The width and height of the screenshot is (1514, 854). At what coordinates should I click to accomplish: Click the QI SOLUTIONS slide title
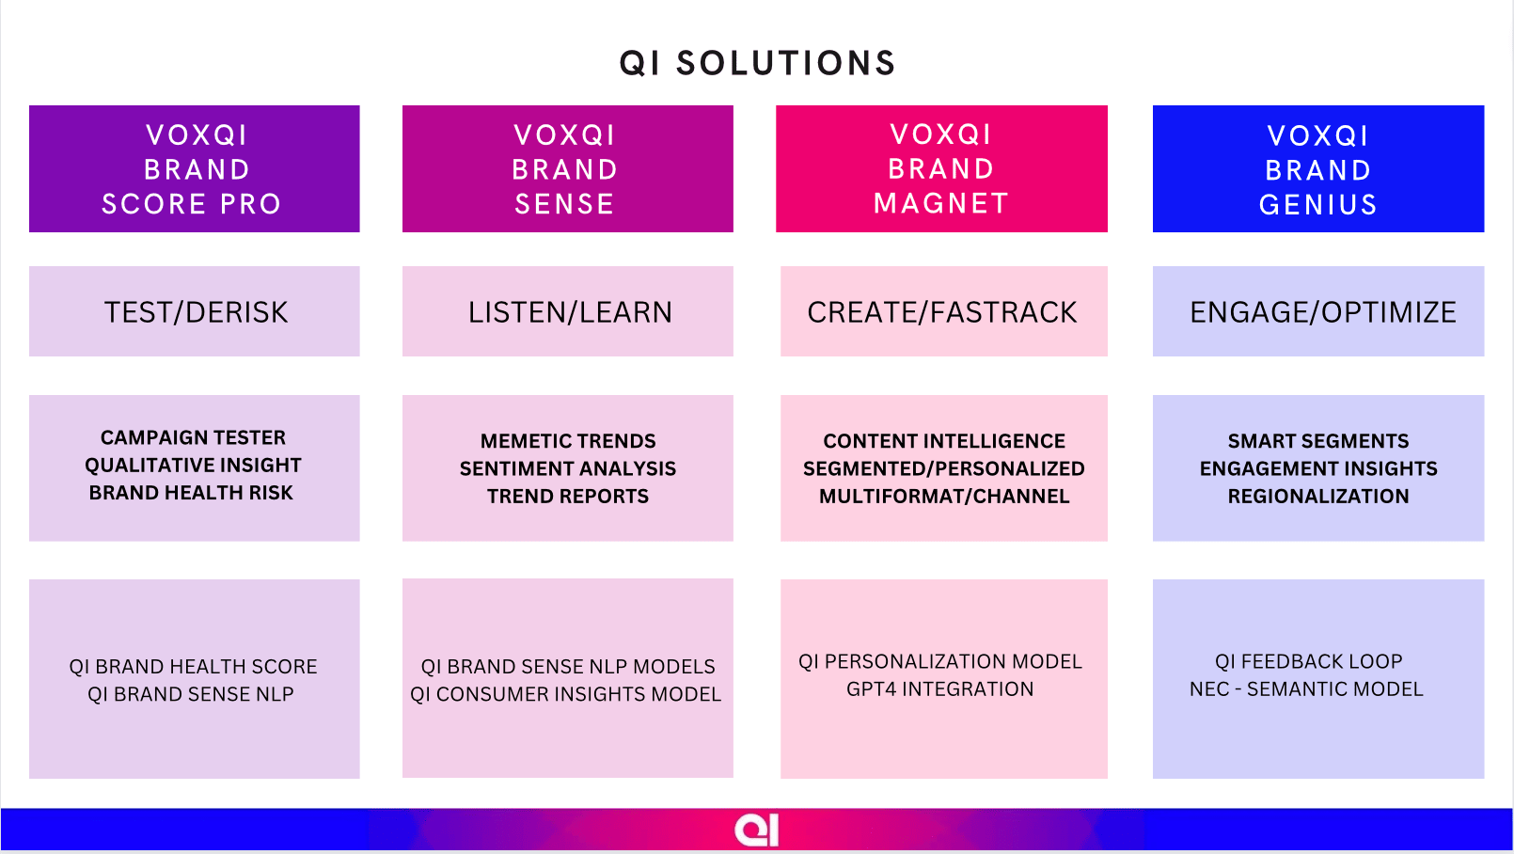[x=758, y=63]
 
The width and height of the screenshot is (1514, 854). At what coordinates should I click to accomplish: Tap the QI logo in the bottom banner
[x=757, y=830]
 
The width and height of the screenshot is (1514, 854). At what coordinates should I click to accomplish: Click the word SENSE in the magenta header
[x=565, y=204]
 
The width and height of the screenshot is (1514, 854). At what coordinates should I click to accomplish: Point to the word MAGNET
[x=941, y=203]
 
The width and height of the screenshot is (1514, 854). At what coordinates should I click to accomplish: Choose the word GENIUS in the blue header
[x=1318, y=205]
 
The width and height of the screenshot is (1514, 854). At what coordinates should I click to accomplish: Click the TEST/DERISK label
[x=196, y=312]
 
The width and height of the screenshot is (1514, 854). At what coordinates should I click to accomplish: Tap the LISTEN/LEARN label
[x=571, y=312]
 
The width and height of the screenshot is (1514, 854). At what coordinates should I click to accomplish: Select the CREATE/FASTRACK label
[x=942, y=312]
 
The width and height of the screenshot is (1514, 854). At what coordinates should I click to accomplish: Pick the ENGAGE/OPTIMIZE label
[x=1323, y=312]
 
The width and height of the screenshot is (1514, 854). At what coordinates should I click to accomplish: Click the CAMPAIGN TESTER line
[x=194, y=437]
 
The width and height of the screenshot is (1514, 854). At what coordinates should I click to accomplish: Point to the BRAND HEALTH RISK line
[x=191, y=493]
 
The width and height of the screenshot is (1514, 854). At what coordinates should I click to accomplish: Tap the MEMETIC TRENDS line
[x=568, y=441]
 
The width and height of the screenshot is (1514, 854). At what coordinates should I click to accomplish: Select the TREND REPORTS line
[x=568, y=497]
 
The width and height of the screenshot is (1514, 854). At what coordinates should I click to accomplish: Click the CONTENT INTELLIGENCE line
[x=944, y=441]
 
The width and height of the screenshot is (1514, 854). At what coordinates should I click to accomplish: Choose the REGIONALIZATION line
[x=1318, y=497]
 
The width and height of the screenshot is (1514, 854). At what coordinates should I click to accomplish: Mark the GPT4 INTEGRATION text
[x=940, y=689]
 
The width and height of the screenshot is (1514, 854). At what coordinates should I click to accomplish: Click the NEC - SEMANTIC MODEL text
[x=1306, y=689]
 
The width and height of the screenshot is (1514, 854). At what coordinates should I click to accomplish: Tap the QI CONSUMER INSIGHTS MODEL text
[x=566, y=694]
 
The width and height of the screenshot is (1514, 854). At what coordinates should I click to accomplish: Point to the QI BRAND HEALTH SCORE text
[x=194, y=667]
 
